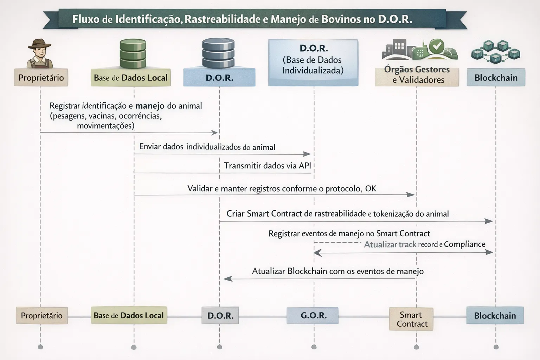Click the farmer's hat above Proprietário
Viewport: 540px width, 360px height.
[40, 45]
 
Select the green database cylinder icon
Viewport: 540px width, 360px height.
[133, 54]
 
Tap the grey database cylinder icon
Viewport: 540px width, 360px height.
[218, 54]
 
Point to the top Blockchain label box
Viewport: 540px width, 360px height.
[496, 78]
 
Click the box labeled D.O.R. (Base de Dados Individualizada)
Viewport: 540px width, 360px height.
[313, 63]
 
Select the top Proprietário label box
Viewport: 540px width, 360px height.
[41, 78]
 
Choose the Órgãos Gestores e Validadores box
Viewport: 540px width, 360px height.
[417, 75]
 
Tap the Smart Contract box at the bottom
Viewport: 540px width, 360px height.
[411, 319]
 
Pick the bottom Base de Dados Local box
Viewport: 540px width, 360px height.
[129, 315]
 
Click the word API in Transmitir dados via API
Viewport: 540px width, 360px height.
[304, 166]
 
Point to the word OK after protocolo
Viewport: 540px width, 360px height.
[371, 188]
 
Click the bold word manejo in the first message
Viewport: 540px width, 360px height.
[150, 106]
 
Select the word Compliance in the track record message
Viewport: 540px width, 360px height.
[464, 244]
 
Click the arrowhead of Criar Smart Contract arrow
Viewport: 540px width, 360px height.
[489, 221]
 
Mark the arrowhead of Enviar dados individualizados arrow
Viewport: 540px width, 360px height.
[307, 154]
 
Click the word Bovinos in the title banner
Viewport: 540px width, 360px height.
[341, 19]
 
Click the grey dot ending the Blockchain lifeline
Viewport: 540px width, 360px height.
[496, 347]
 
